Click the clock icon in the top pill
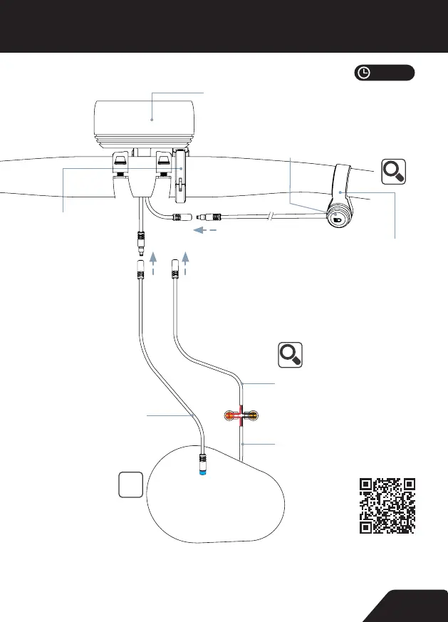(364, 73)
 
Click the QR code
(387, 506)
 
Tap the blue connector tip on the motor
(204, 472)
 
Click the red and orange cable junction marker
(241, 415)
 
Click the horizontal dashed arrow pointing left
(206, 231)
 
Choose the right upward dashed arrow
(187, 261)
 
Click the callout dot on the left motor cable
(194, 414)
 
